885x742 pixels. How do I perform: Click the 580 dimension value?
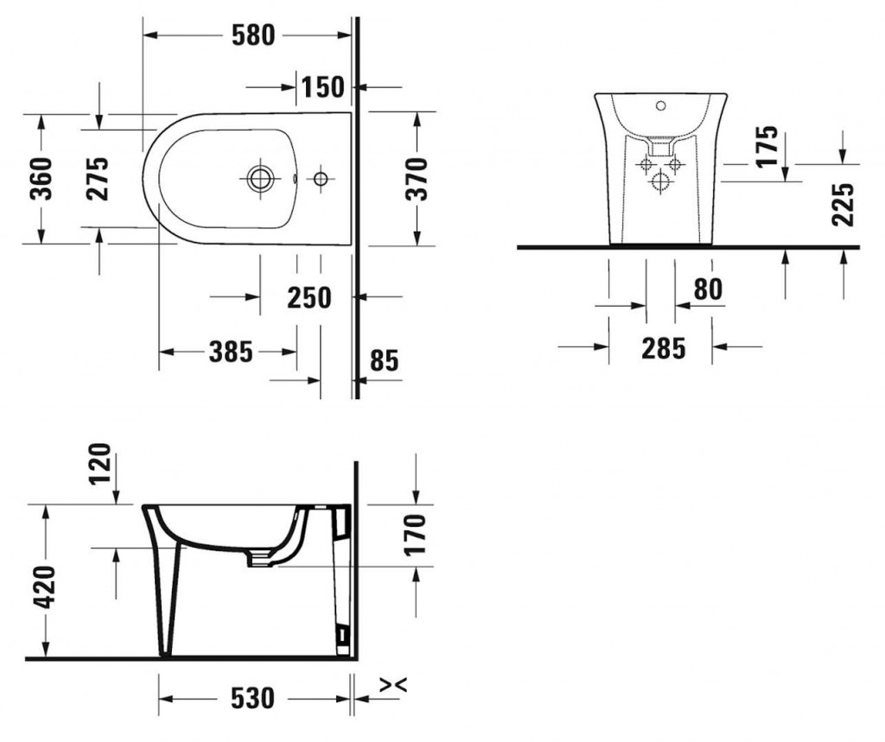[253, 35]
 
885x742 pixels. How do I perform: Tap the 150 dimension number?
[322, 87]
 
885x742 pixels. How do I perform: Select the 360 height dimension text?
[41, 179]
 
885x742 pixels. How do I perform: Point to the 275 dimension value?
[97, 179]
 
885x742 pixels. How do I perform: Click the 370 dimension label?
[417, 180]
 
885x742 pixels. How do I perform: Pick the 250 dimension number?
[309, 297]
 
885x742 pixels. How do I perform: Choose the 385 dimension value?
[231, 352]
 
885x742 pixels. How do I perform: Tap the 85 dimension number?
[385, 360]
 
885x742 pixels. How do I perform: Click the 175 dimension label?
[767, 147]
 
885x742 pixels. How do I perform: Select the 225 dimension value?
[844, 205]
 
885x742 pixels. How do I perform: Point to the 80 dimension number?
[708, 289]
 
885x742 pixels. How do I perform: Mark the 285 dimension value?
[664, 348]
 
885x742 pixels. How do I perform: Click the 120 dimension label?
[100, 464]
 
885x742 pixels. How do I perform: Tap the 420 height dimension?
[45, 587]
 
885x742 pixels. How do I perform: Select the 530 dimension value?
[252, 699]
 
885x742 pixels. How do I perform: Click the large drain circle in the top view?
[260, 179]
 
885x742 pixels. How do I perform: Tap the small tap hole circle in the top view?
[321, 179]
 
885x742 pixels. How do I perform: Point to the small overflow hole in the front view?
[660, 105]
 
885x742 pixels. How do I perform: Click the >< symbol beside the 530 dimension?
[393, 685]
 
